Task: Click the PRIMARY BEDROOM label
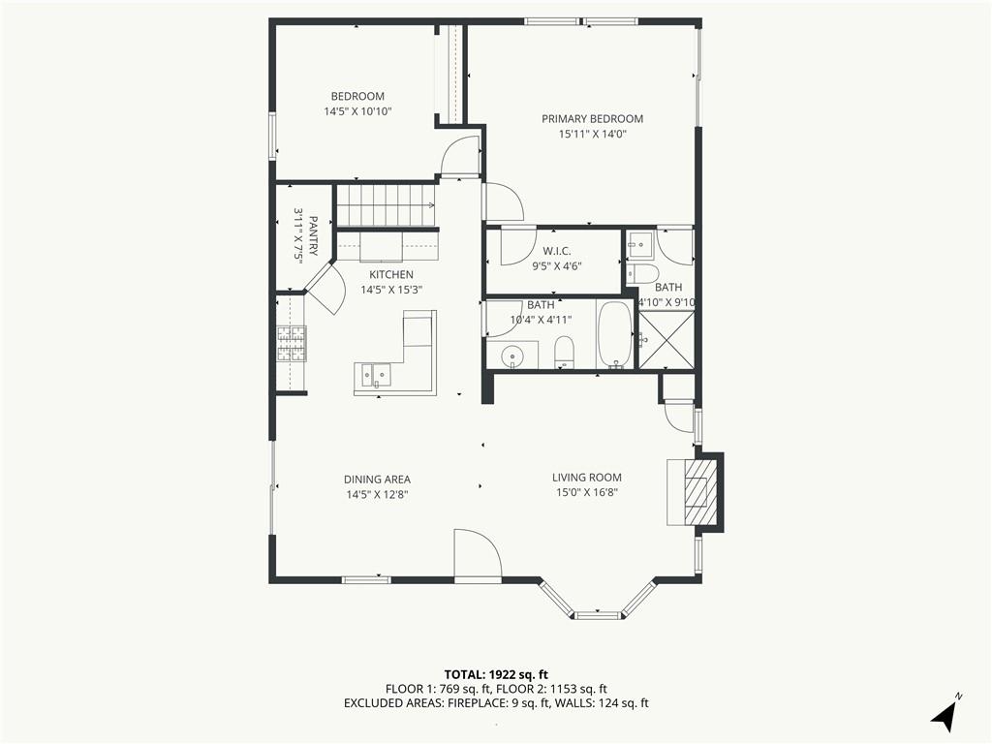(x=592, y=119)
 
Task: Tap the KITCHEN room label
(x=391, y=274)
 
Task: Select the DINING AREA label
(x=377, y=480)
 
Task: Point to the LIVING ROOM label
(x=586, y=478)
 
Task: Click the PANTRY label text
(x=313, y=235)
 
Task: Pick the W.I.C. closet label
(x=557, y=251)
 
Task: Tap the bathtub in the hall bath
(x=615, y=335)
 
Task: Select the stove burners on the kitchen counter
(x=291, y=344)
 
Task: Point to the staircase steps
(x=386, y=204)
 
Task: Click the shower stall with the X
(x=666, y=339)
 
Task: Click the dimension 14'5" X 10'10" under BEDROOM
(x=357, y=112)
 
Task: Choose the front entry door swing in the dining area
(x=478, y=554)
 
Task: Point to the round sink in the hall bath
(x=511, y=357)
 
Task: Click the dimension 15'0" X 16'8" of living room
(x=586, y=493)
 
